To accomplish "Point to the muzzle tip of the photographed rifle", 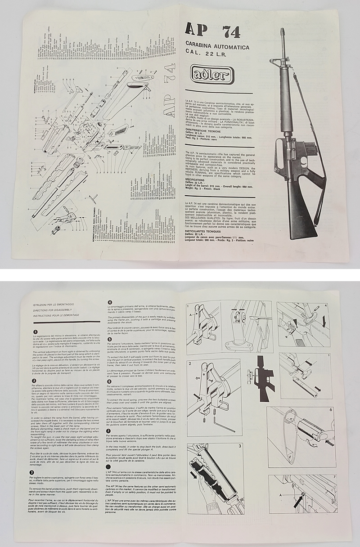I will click(x=283, y=31).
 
